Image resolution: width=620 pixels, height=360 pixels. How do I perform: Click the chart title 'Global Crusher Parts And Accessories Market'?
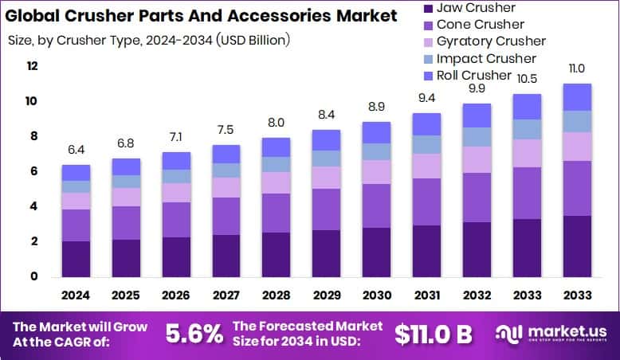(x=201, y=16)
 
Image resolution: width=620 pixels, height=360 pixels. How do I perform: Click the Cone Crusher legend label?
(x=481, y=25)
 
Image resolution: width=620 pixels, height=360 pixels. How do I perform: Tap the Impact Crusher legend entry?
(x=487, y=58)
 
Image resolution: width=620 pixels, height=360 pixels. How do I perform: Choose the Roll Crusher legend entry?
(x=474, y=75)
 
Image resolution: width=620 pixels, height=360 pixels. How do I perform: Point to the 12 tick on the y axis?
(x=33, y=66)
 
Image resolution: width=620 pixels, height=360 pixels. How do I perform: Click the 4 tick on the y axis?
(x=34, y=206)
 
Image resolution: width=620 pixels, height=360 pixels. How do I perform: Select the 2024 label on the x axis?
(x=77, y=295)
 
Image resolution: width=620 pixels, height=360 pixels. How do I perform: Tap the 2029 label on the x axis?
(x=326, y=295)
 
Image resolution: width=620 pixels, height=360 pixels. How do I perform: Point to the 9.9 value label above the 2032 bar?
(x=477, y=88)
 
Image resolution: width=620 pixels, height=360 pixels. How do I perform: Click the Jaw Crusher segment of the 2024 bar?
(x=77, y=259)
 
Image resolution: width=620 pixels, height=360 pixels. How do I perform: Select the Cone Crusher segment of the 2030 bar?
(x=376, y=205)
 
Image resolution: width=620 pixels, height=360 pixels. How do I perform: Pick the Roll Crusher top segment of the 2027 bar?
(x=226, y=154)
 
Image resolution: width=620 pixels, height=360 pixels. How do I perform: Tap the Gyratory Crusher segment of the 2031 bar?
(x=426, y=166)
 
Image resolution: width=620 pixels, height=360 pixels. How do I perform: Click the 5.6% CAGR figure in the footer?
(x=194, y=333)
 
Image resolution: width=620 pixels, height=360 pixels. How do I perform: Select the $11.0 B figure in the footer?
(x=435, y=333)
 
